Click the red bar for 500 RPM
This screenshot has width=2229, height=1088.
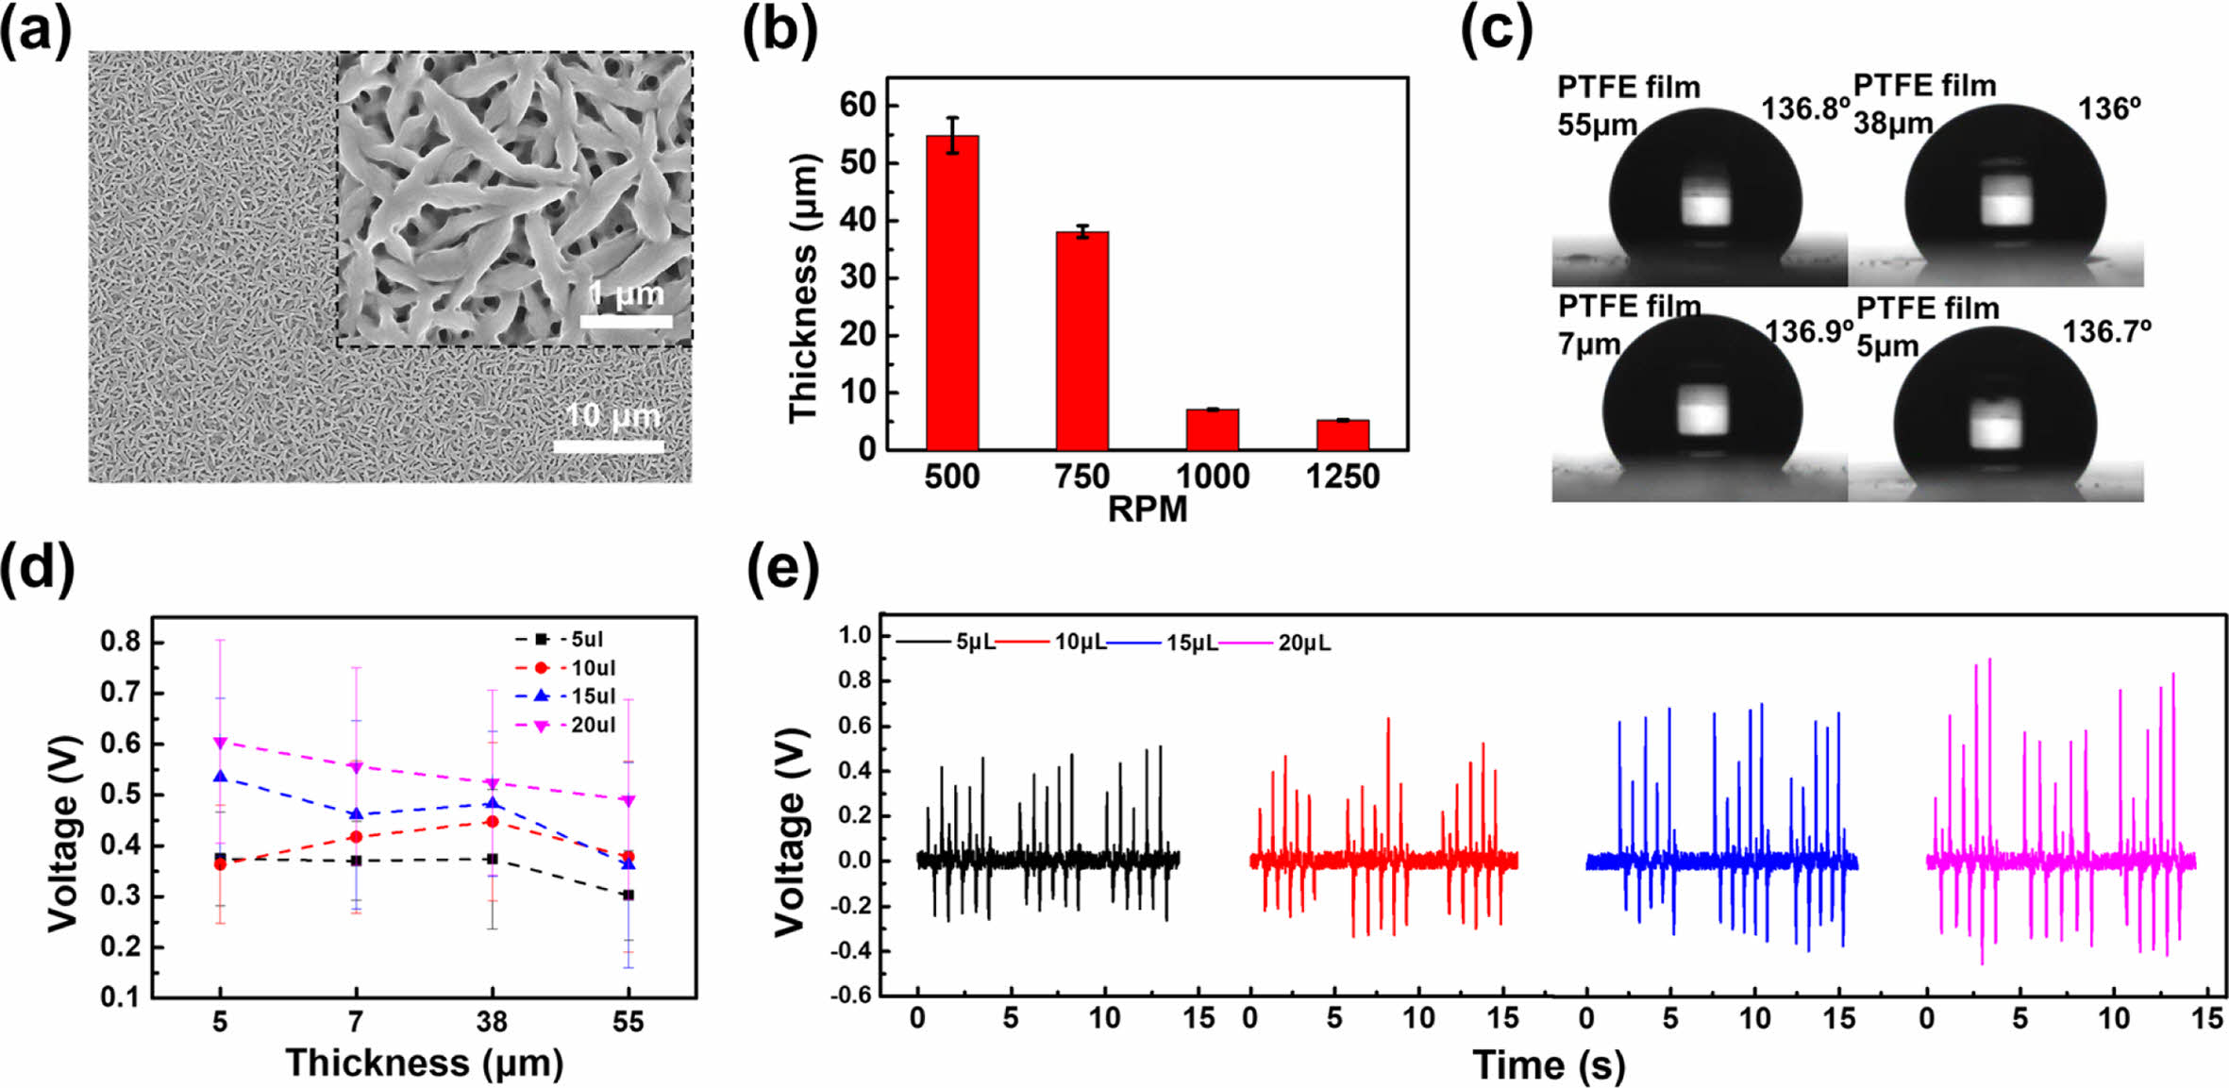pyautogui.click(x=952, y=293)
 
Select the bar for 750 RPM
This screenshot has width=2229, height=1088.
pyautogui.click(x=1082, y=341)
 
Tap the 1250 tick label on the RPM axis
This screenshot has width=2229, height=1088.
pyautogui.click(x=1342, y=477)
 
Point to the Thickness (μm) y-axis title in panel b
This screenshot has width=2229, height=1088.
pyautogui.click(x=803, y=288)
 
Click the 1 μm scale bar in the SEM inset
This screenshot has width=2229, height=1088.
pyautogui.click(x=626, y=322)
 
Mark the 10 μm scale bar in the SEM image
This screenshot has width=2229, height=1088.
pyautogui.click(x=609, y=446)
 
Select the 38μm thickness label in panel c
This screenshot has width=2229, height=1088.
pyautogui.click(x=1893, y=123)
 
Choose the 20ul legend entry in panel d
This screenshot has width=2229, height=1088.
pyautogui.click(x=593, y=725)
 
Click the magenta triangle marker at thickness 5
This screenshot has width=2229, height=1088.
pyautogui.click(x=220, y=743)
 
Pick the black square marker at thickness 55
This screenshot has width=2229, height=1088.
pyautogui.click(x=628, y=895)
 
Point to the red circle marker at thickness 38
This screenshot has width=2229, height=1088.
pyautogui.click(x=492, y=822)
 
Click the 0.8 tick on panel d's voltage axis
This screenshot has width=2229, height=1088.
pyautogui.click(x=120, y=643)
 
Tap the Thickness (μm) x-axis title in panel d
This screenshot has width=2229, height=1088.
pyautogui.click(x=425, y=1063)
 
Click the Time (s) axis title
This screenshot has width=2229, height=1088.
pyautogui.click(x=1549, y=1065)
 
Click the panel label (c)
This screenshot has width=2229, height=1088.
pyautogui.click(x=1496, y=30)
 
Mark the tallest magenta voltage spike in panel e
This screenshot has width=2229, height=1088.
pyautogui.click(x=1989, y=660)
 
